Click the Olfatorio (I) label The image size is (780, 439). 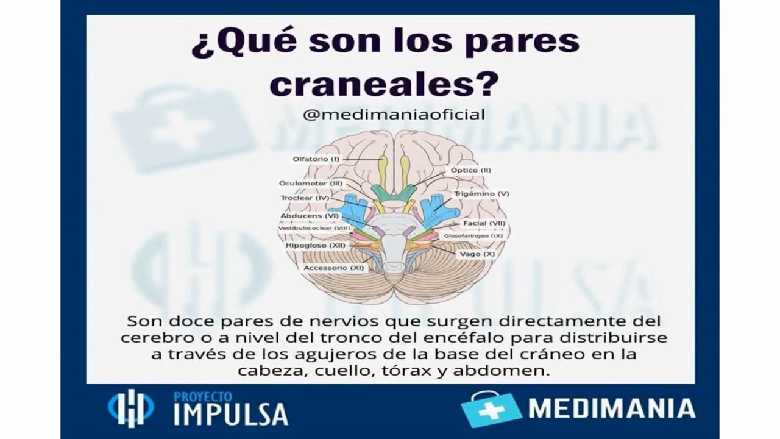(x=316, y=159)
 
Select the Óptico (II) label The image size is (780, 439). (x=471, y=170)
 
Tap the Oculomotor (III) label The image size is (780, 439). (x=311, y=184)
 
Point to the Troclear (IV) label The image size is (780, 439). (x=305, y=198)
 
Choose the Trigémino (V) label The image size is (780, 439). (x=481, y=194)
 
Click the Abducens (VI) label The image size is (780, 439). (x=310, y=216)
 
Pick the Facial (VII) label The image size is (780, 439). (x=484, y=223)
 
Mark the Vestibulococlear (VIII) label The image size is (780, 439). (x=314, y=229)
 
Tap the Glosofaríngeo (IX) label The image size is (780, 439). (x=473, y=236)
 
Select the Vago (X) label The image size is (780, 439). (x=477, y=254)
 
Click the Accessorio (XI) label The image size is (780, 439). (x=333, y=268)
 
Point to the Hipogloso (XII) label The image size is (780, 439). (x=316, y=246)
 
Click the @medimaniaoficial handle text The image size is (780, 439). (x=394, y=114)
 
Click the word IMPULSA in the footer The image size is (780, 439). (x=231, y=414)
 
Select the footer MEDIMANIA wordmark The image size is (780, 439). (x=612, y=409)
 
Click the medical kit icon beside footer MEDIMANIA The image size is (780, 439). (x=491, y=409)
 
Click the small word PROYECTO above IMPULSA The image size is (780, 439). (x=203, y=397)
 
